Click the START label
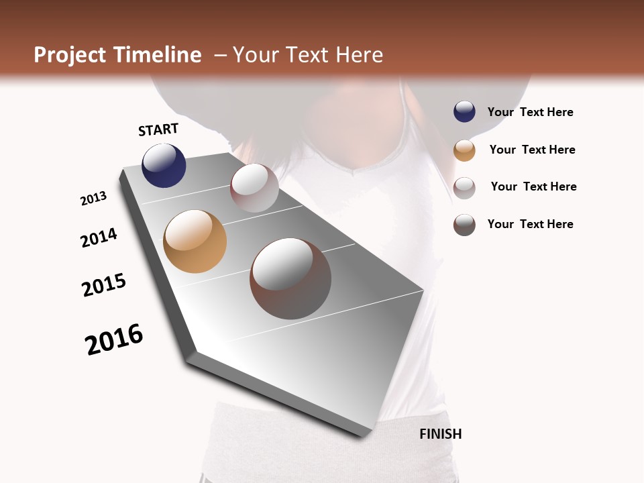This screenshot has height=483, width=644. click(158, 129)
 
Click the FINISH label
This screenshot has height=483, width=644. click(440, 434)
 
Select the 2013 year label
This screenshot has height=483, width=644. click(93, 198)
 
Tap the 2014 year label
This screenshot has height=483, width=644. click(99, 237)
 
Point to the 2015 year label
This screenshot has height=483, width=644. click(104, 285)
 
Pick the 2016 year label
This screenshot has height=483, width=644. click(114, 339)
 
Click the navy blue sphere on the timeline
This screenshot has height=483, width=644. click(164, 166)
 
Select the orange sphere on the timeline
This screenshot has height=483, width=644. click(195, 241)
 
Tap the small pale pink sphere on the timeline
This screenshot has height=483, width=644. click(254, 188)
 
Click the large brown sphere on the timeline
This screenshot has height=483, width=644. click(290, 278)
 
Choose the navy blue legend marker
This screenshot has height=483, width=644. click(464, 112)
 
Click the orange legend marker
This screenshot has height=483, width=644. click(464, 150)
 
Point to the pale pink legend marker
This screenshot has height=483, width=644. click(464, 187)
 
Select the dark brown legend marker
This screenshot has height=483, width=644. click(464, 225)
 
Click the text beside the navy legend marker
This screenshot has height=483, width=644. click(530, 113)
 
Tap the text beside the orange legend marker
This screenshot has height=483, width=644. click(532, 150)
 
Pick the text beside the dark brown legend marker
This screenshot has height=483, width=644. click(530, 224)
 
